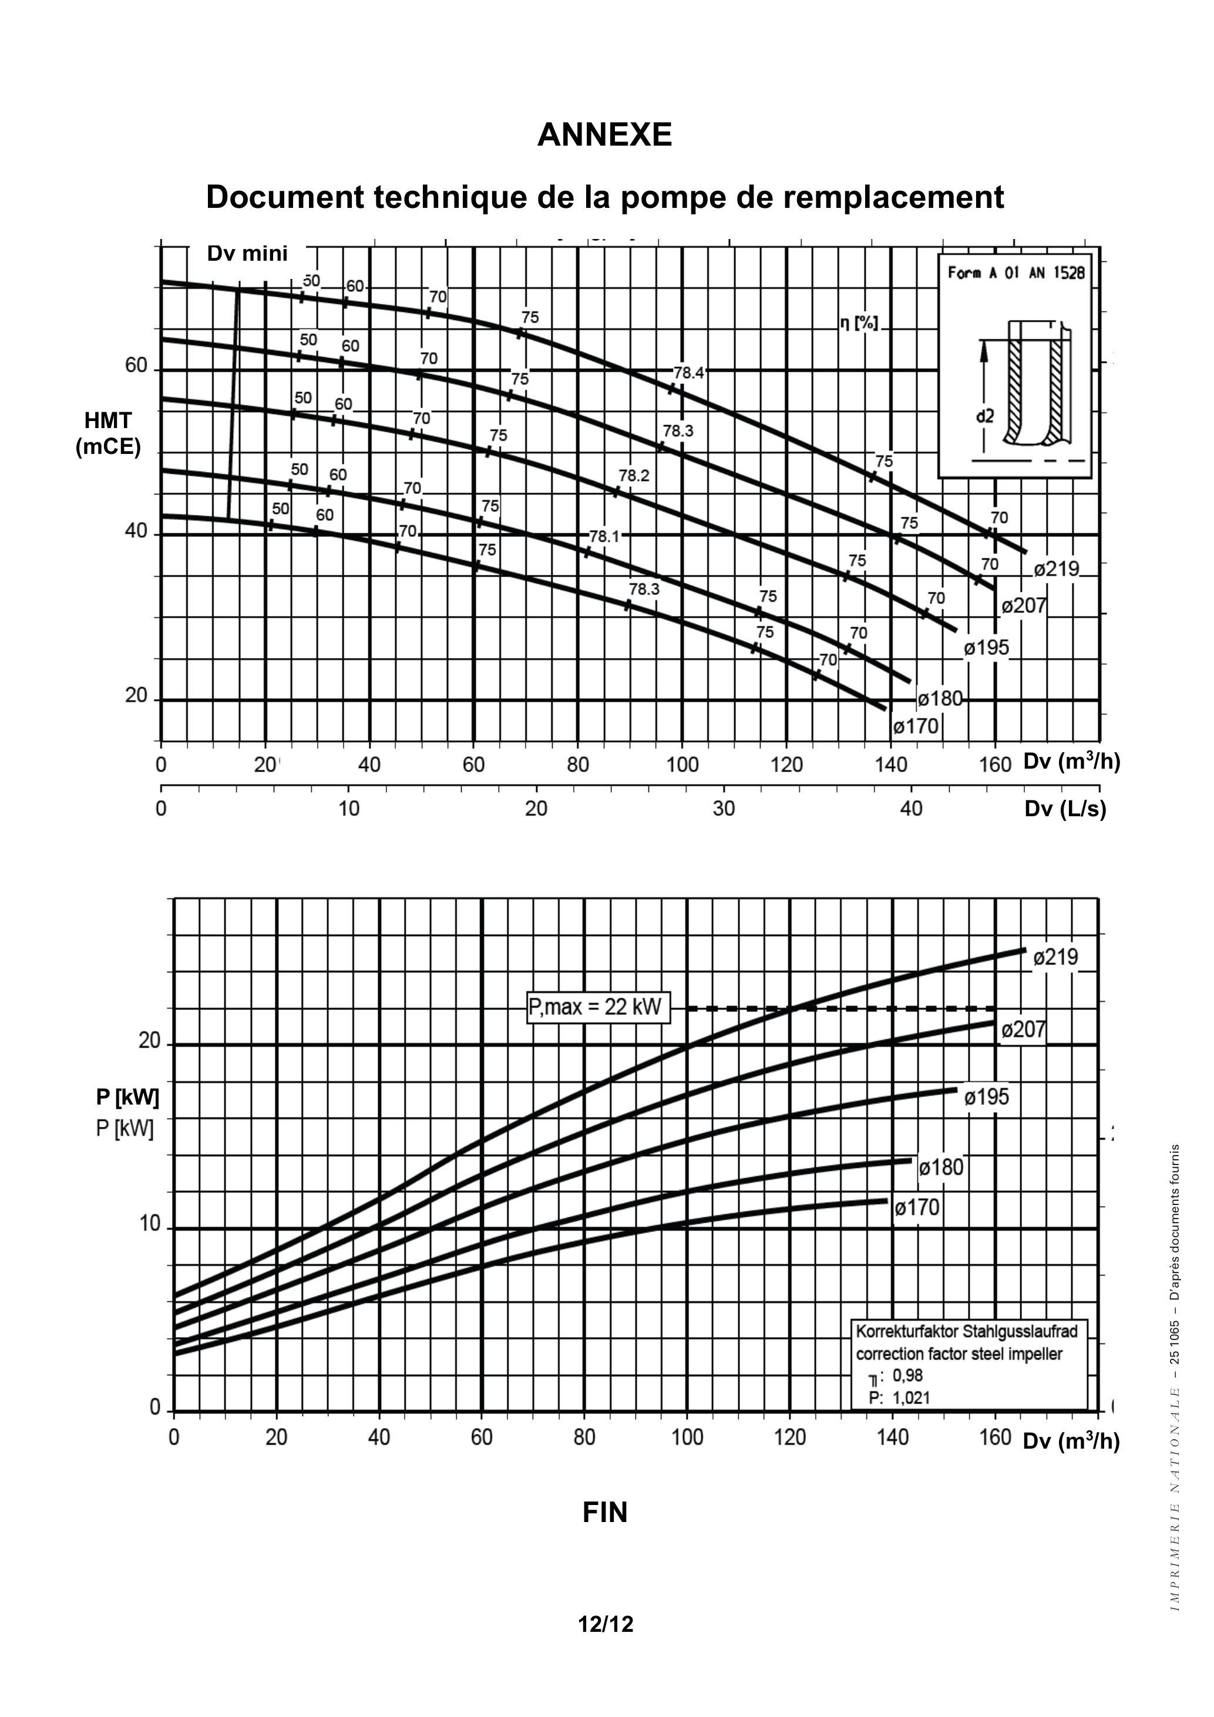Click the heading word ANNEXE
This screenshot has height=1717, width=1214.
pos(604,134)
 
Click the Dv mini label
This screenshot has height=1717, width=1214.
pos(247,254)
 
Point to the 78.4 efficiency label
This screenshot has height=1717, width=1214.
pos(688,372)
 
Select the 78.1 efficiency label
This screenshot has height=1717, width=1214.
pos(604,536)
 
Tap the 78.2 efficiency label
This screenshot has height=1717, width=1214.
pos(634,476)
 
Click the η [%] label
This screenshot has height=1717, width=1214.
pos(858,323)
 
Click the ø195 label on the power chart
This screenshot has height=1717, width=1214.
pos(986,1097)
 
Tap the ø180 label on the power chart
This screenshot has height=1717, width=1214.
pos(941,1167)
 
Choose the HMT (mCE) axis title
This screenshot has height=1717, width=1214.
pos(109,434)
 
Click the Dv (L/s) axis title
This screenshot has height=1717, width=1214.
pos(1065,809)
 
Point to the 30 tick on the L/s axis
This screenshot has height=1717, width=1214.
pos(724,809)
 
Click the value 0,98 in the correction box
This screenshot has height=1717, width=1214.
pos(907,1375)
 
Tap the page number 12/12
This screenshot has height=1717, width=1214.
pos(605,1624)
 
